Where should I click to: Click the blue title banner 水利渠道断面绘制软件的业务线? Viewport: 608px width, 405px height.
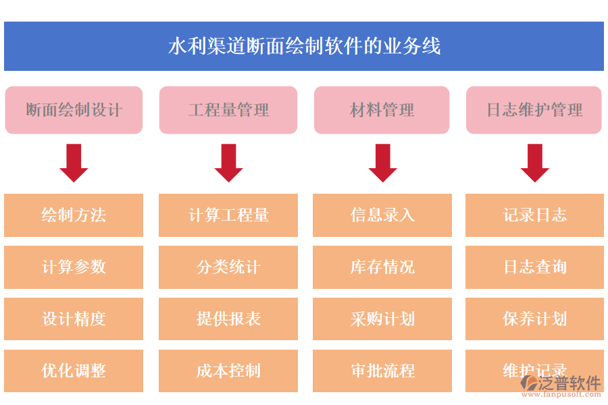point(304,46)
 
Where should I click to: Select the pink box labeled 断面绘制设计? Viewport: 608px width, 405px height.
point(74,110)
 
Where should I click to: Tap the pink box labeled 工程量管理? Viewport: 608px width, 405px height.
point(228,110)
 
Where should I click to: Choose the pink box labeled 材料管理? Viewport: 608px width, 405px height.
point(382,110)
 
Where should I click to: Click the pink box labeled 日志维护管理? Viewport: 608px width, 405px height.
point(534,110)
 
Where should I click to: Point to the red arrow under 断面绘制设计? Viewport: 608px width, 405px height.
point(74,163)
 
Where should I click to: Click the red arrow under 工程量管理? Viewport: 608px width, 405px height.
point(228,163)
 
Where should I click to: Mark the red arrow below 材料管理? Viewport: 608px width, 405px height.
point(382,163)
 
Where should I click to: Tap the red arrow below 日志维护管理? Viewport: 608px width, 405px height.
point(534,163)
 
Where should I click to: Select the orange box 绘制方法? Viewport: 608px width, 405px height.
point(74,215)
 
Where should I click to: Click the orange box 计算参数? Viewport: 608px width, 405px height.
point(74,267)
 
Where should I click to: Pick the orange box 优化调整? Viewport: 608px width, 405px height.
point(74,371)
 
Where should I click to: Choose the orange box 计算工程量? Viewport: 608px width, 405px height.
point(228,215)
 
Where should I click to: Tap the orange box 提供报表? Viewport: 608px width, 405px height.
point(228,319)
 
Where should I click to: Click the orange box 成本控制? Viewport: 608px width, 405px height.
point(228,371)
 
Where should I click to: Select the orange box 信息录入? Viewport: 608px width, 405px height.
point(382,215)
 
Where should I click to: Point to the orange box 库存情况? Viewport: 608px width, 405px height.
point(382,267)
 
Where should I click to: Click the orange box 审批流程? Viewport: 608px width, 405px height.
point(382,371)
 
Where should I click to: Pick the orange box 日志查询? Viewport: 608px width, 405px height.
point(534,267)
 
